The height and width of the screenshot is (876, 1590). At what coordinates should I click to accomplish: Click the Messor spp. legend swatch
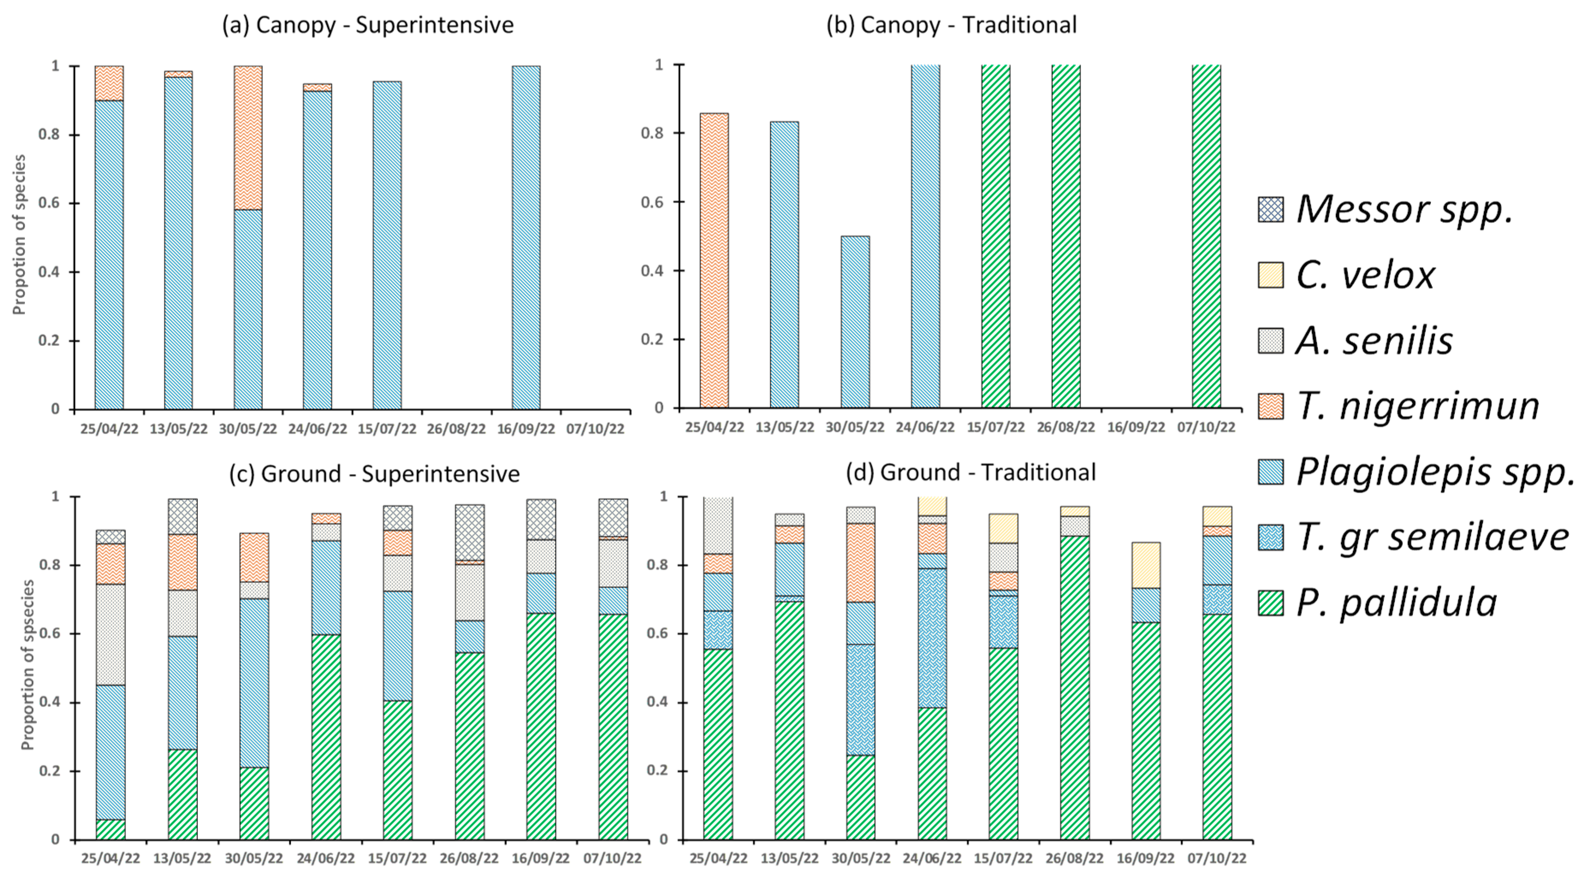tap(1270, 209)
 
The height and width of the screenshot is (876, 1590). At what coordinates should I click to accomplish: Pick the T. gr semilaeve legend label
tap(1433, 537)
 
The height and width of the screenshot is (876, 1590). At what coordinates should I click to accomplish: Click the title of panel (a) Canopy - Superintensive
tap(368, 25)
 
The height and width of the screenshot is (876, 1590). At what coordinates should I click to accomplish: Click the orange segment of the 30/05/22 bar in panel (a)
tap(248, 138)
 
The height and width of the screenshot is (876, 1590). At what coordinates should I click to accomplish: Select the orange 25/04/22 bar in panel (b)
tap(714, 260)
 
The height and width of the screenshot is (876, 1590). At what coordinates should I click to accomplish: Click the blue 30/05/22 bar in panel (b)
tap(855, 322)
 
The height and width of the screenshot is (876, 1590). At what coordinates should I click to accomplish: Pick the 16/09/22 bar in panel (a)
tap(526, 238)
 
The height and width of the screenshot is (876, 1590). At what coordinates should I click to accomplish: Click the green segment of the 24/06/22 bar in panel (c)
tap(326, 737)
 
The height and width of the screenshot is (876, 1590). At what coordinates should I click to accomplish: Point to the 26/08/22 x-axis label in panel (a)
tap(456, 429)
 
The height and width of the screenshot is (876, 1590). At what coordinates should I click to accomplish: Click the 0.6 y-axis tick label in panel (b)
tap(652, 202)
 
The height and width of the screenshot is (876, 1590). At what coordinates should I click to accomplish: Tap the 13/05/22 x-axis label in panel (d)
tap(790, 858)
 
